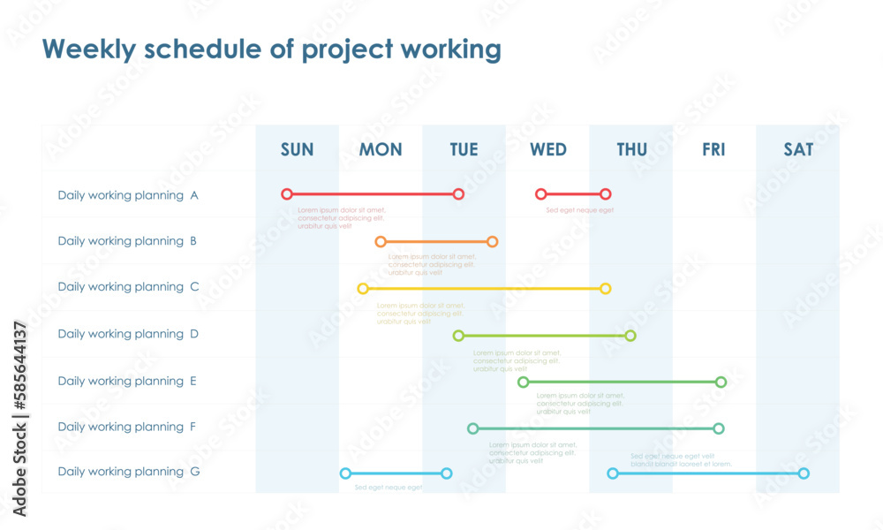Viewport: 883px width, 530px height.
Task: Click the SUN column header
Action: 297,149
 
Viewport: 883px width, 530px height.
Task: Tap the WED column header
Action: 547,149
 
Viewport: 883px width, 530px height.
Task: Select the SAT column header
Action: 798,149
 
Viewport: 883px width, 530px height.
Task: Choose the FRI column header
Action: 713,149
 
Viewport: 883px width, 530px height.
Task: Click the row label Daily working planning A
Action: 128,195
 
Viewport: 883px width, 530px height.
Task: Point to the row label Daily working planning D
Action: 128,334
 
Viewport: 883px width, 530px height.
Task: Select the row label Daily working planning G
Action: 128,472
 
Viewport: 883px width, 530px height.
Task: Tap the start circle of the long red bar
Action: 286,193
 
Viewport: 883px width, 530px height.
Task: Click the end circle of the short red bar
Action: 605,193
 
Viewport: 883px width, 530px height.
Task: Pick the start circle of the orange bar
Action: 381,241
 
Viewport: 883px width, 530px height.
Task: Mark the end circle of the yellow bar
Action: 605,288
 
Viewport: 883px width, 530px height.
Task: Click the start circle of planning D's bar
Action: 458,336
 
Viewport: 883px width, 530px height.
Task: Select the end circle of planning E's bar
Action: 721,382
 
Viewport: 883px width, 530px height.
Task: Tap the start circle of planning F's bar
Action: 472,428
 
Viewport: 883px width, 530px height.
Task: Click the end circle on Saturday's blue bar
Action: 804,473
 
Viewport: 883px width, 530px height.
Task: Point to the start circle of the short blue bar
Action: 345,473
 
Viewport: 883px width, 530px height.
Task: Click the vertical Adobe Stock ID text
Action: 19,418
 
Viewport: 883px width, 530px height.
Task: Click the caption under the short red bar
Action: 579,210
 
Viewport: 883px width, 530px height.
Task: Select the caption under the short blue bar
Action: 389,488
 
